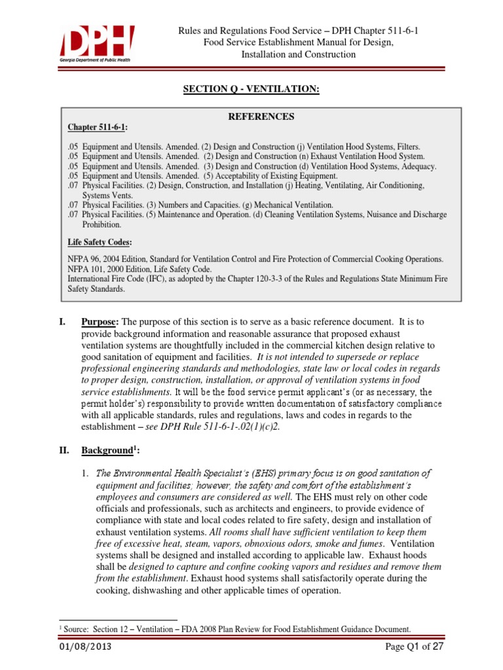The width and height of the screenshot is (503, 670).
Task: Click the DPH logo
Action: [x=97, y=43]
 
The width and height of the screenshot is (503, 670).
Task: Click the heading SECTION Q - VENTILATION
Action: [x=251, y=88]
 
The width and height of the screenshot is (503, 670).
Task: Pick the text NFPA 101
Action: [x=86, y=268]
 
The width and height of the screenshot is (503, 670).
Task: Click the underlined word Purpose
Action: [x=100, y=321]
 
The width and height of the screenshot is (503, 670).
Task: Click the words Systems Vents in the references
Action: [x=107, y=195]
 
